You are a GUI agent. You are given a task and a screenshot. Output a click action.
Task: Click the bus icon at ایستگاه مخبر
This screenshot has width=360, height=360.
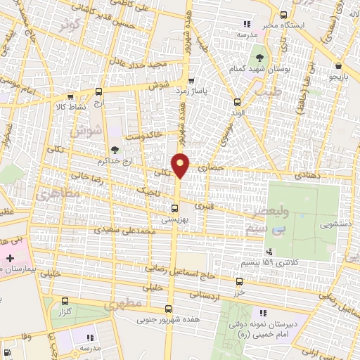tap(283, 15)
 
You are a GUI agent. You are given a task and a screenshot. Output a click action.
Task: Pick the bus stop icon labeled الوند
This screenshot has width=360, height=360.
tap(236, 101)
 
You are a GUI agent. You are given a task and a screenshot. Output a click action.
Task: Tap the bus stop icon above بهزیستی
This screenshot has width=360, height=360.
tap(174, 208)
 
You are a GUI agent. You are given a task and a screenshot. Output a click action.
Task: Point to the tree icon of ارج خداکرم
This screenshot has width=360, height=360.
tap(114, 149)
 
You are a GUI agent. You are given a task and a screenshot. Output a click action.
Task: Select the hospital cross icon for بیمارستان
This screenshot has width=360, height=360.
tap(9, 259)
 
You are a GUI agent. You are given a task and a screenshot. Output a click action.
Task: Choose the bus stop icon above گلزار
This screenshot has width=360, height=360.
tap(65, 300)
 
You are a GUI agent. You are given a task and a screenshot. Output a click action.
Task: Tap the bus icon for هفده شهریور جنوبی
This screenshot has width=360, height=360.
tap(167, 309)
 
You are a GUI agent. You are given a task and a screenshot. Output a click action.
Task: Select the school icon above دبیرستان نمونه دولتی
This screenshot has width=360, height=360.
tap(263, 313)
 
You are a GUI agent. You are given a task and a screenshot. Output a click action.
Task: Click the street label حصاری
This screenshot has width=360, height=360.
tap(210, 169)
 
